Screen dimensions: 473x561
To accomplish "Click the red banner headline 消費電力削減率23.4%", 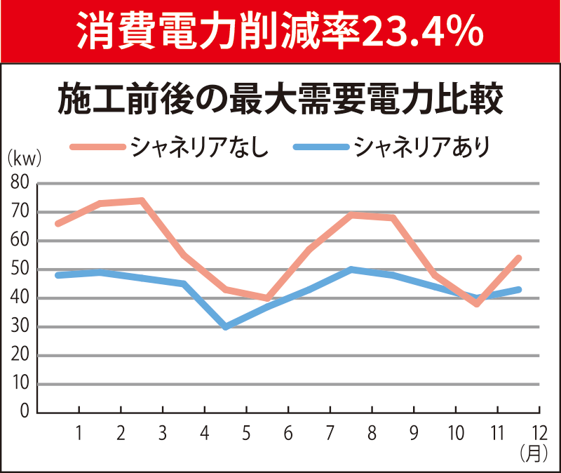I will [x=280, y=29].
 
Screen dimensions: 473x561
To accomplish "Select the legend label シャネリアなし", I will [x=199, y=147].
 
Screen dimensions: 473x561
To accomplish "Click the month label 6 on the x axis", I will [x=288, y=433].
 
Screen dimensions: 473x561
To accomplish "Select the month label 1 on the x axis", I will [x=79, y=433].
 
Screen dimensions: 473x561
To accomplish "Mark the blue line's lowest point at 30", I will [x=225, y=327].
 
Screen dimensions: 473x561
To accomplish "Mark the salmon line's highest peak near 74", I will [x=142, y=201].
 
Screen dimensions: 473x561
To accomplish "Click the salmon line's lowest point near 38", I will [x=477, y=304].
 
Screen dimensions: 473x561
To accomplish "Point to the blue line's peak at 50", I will [x=351, y=269].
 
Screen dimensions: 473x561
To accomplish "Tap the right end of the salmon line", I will [x=519, y=258].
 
